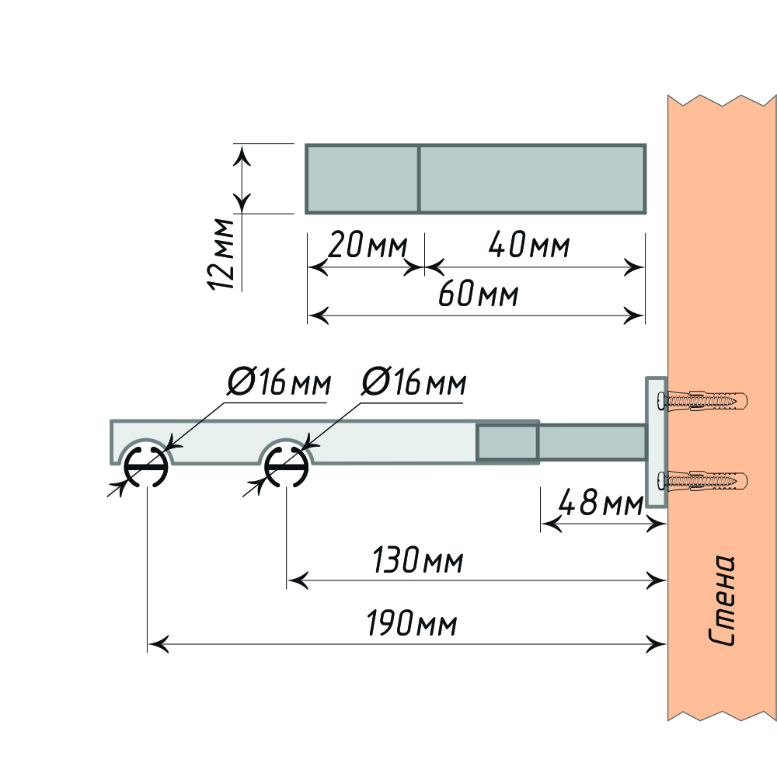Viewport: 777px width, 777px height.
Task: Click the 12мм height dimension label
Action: (223, 254)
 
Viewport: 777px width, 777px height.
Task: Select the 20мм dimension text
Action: (367, 246)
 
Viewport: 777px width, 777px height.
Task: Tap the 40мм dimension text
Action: (529, 246)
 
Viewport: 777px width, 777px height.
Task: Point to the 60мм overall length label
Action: (478, 295)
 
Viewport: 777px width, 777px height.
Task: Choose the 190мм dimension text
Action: (412, 624)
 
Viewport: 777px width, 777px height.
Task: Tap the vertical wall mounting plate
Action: (656, 443)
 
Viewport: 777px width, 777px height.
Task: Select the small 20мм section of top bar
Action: (362, 178)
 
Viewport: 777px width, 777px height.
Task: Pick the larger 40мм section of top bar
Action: (532, 178)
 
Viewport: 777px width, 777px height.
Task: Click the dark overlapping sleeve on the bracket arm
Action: (507, 442)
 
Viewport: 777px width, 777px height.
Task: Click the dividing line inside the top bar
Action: (420, 178)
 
